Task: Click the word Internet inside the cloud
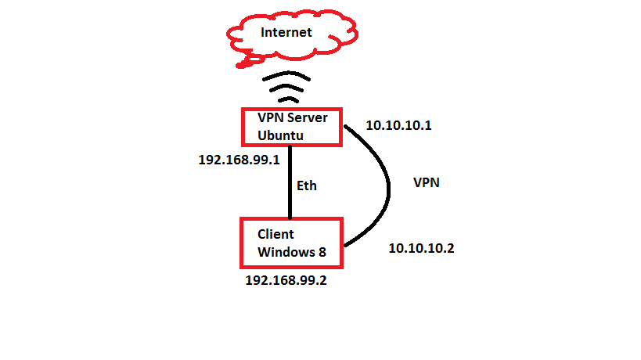click(286, 32)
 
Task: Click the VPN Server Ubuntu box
click(290, 127)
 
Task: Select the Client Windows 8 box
click(290, 242)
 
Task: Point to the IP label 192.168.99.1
click(239, 159)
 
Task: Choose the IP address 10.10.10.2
click(421, 248)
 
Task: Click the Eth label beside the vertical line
click(307, 186)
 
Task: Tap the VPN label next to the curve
click(426, 182)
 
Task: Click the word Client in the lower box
click(276, 234)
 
